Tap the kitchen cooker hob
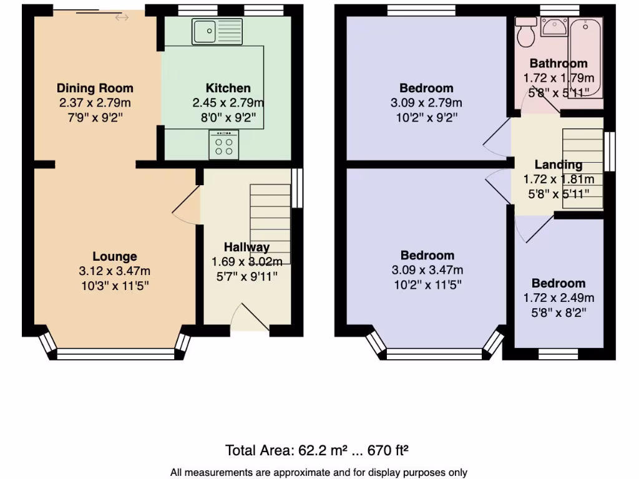[x=224, y=145]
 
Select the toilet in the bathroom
[x=525, y=31]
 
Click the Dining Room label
[x=95, y=88]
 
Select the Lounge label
[x=115, y=256]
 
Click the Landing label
[x=559, y=165]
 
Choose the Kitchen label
[x=228, y=88]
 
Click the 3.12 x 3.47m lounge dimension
[x=114, y=271]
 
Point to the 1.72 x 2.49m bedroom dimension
[x=559, y=298]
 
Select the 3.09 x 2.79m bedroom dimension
[x=427, y=103]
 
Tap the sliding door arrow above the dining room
[x=122, y=17]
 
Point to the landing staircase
[x=583, y=168]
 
